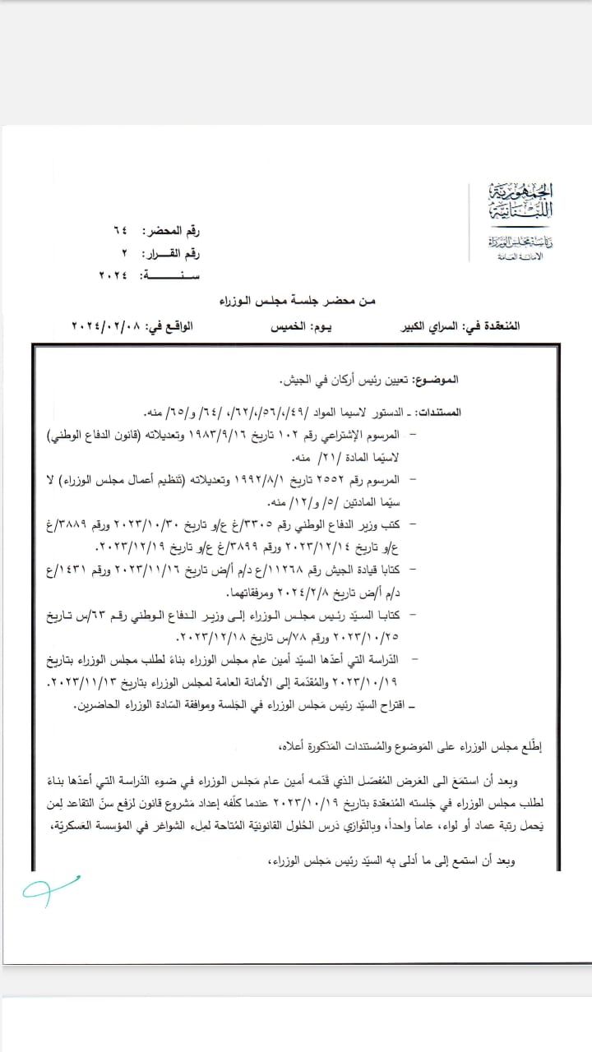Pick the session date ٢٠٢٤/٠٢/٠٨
point(107,326)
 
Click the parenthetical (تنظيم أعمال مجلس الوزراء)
point(131,478)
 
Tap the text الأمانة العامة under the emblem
point(501,257)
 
